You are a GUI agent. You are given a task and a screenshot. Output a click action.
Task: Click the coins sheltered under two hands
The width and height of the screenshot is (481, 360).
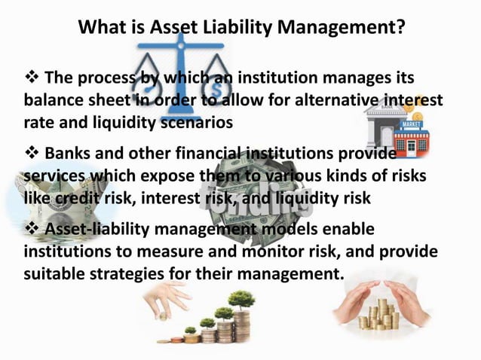click(381, 313)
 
